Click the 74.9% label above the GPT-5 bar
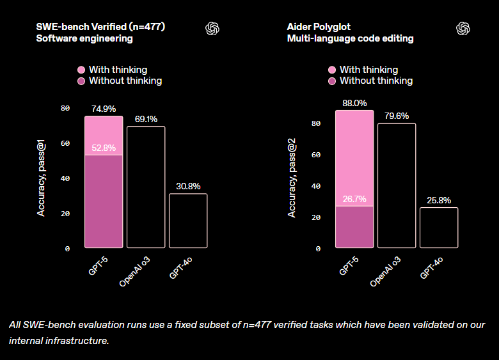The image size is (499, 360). tap(103, 109)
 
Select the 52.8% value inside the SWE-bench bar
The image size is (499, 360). tap(103, 148)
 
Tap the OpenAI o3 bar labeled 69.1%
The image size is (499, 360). tap(146, 187)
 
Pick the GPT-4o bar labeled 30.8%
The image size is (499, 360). tap(188, 221)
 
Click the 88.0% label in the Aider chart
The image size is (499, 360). tap(354, 103)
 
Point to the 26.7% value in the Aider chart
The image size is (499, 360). tap(354, 199)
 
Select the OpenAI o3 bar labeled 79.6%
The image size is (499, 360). tap(397, 185)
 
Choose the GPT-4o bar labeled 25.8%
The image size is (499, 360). tap(439, 228)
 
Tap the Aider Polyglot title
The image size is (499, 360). tap(319, 27)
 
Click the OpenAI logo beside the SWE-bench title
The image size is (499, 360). tap(212, 29)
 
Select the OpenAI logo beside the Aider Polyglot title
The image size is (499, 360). tap(463, 29)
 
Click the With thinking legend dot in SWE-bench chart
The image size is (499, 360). tap(81, 70)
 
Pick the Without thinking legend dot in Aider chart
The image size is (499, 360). tap(332, 81)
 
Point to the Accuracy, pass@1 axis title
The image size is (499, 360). tap(41, 178)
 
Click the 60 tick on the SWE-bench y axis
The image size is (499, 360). tap(65, 143)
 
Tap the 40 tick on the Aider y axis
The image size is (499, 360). tap(316, 186)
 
